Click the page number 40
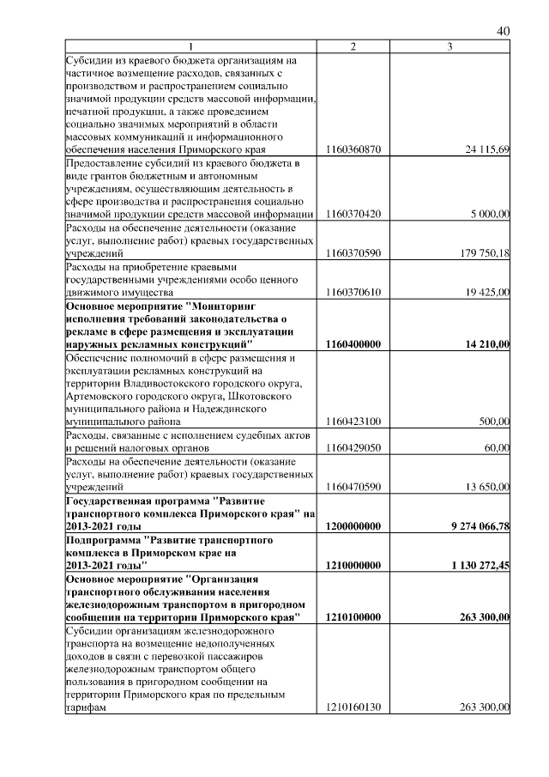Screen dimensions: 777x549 504,32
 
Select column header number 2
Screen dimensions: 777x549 354,46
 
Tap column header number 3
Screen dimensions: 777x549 450,46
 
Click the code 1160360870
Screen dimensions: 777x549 354,149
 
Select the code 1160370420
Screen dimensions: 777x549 354,214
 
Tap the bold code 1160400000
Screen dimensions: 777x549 354,344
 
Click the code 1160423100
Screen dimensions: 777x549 354,422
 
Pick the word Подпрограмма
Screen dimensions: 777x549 102,539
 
